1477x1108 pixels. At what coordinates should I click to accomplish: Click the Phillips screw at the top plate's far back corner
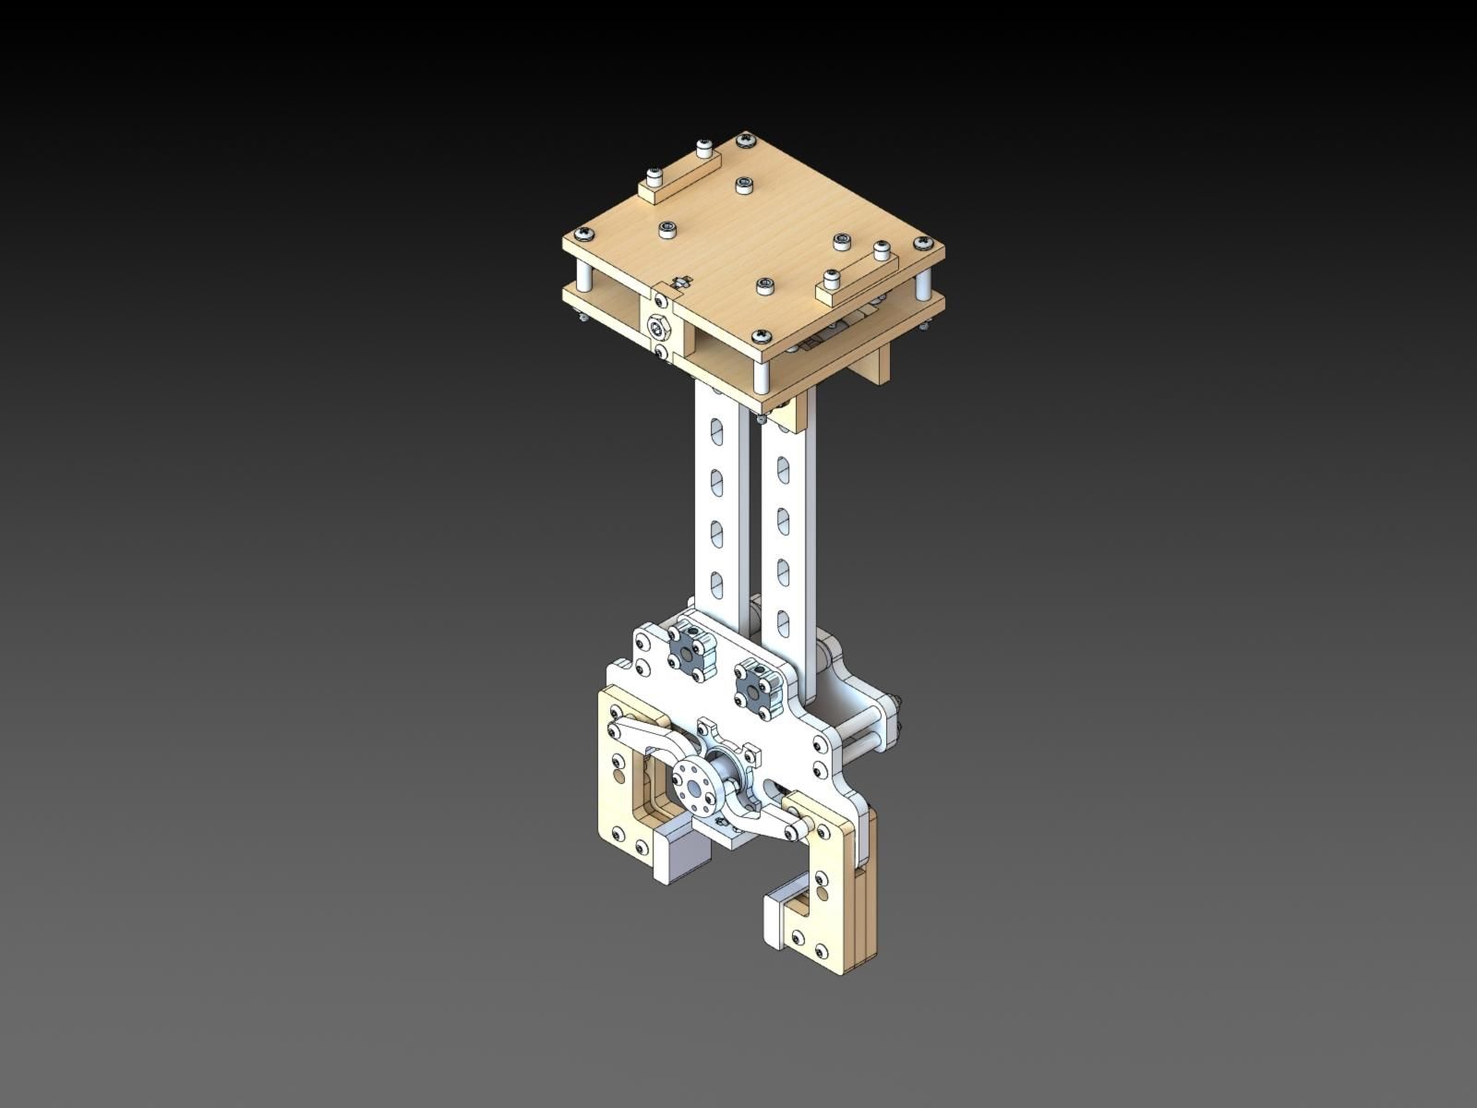tap(744, 141)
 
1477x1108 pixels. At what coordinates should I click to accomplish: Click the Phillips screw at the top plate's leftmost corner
tap(582, 232)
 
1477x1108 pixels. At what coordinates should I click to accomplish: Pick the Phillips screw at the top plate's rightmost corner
tap(920, 243)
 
